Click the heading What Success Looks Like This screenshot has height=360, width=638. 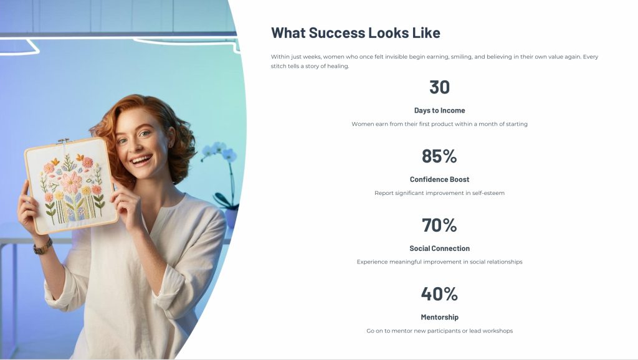(x=356, y=33)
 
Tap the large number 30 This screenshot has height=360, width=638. (x=439, y=87)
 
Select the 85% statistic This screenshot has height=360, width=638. (x=439, y=156)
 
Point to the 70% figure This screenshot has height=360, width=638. (x=439, y=225)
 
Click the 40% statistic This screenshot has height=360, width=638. (x=439, y=294)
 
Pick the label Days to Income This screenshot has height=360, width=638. (x=439, y=110)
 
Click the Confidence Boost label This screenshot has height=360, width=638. (x=439, y=179)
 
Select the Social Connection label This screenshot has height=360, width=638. (x=439, y=248)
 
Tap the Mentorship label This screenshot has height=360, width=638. (x=439, y=317)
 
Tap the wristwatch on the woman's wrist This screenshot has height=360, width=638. (x=43, y=247)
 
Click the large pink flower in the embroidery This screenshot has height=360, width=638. (x=71, y=182)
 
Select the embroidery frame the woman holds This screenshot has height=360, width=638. (x=72, y=186)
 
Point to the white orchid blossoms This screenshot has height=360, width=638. (x=219, y=151)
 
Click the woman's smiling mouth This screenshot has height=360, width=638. (x=141, y=159)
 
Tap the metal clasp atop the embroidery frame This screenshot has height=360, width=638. (x=63, y=141)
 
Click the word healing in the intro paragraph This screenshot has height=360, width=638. (x=338, y=66)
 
